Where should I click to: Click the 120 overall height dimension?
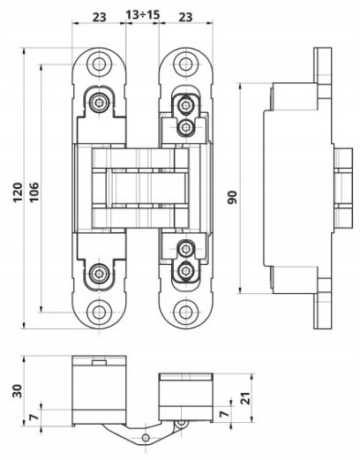[x=18, y=192]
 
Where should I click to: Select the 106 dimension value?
[x=34, y=192]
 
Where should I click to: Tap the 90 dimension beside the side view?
[x=232, y=198]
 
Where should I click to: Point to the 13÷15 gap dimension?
[x=142, y=15]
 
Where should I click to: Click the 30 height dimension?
[x=17, y=391]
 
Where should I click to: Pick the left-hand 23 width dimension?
[x=99, y=17]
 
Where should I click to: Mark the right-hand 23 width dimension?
[x=185, y=17]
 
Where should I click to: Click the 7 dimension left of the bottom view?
[x=34, y=418]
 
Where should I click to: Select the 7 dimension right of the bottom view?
[x=224, y=413]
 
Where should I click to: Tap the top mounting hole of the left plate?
[x=99, y=64]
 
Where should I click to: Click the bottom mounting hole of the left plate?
[x=99, y=312]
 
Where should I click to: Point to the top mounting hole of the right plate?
[x=185, y=64]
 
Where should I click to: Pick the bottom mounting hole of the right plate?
[x=185, y=312]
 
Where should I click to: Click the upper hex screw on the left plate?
[x=99, y=102]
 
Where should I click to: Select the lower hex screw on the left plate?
[x=99, y=274]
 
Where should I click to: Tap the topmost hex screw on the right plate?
[x=186, y=105]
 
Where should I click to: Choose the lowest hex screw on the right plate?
[x=186, y=269]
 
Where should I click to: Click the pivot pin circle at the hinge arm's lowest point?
[x=146, y=437]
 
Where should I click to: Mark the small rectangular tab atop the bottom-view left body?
[x=99, y=363]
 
